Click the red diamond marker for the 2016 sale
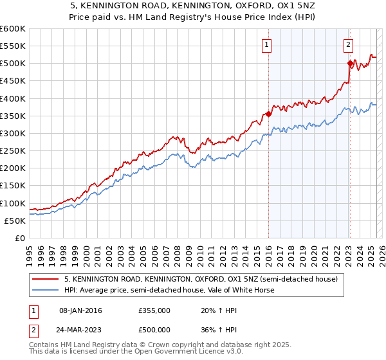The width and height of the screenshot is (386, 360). coord(268,114)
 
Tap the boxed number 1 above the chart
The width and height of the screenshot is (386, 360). coord(266,45)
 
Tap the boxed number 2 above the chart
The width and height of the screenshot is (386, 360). coord(348,45)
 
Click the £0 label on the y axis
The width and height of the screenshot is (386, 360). coord(20,239)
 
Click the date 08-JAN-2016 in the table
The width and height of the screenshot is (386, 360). coord(80,310)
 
